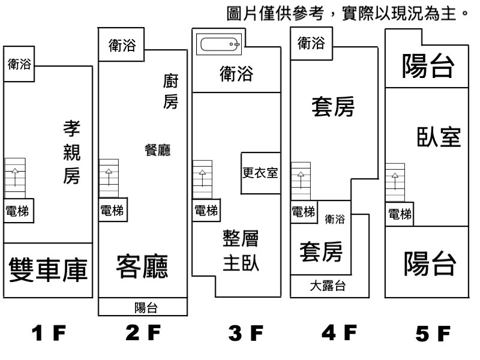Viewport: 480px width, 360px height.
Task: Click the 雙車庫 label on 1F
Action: [x=49, y=271]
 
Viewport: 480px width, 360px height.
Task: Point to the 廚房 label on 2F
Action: [x=170, y=91]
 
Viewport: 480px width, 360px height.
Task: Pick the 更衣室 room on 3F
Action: [x=260, y=173]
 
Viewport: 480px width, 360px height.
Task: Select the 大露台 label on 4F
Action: [x=328, y=286]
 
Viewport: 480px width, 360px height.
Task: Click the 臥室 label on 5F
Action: [x=439, y=137]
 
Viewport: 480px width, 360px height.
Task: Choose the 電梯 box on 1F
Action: [x=18, y=211]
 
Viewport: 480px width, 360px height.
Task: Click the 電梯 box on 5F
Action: [x=400, y=214]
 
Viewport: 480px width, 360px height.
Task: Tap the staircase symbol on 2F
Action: [x=109, y=178]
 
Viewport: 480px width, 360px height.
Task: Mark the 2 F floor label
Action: [x=144, y=332]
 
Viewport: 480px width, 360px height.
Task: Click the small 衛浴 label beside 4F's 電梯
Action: [x=335, y=219]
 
